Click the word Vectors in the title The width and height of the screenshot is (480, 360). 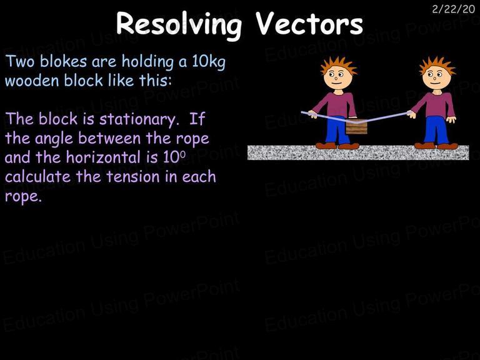309,23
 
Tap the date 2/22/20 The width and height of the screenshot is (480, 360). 453,9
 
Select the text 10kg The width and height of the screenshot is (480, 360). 209,62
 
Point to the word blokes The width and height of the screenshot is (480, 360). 64,61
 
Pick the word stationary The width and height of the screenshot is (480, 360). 139,119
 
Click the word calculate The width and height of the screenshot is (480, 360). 38,177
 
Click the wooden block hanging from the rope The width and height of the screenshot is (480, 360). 356,127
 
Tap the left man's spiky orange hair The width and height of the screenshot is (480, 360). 339,64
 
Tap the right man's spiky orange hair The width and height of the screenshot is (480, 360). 437,64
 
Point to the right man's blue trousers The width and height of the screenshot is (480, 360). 436,130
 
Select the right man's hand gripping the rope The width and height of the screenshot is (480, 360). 411,114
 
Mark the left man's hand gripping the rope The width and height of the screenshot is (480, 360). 312,114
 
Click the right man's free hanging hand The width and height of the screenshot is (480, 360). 451,119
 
